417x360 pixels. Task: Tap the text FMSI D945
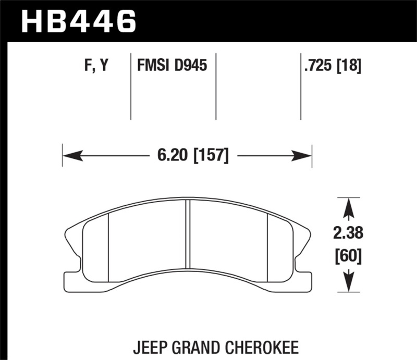click(171, 66)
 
